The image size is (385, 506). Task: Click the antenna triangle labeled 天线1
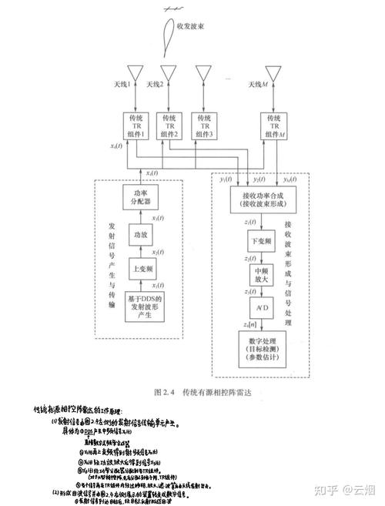click(136, 74)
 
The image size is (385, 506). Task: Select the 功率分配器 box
click(139, 198)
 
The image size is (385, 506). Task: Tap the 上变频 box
click(139, 270)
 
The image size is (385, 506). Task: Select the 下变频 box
click(262, 242)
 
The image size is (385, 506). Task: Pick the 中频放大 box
click(262, 276)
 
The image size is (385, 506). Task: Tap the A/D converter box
click(262, 309)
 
